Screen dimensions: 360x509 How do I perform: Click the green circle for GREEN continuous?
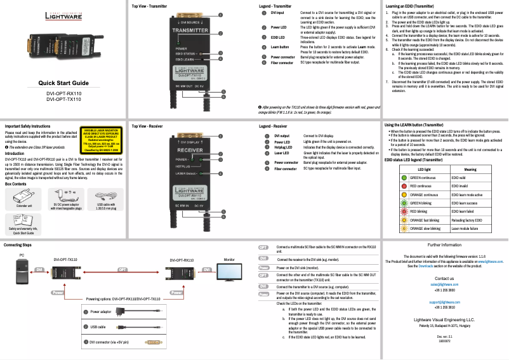pyautogui.click(x=396, y=178)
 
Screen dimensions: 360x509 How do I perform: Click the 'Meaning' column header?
pyautogui.click(x=470, y=170)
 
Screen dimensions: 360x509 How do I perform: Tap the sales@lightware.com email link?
pyautogui.click(x=444, y=284)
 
